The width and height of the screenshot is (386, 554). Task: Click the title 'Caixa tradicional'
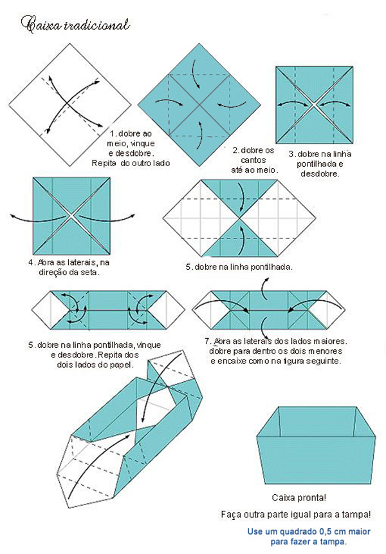pyautogui.click(x=75, y=25)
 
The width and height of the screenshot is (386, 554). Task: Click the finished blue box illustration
pyautogui.click(x=316, y=445)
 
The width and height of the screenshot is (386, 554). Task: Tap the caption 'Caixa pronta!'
pyautogui.click(x=299, y=498)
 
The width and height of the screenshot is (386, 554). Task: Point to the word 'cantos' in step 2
pyautogui.click(x=253, y=160)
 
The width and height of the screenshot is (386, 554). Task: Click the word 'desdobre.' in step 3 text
pyautogui.click(x=320, y=174)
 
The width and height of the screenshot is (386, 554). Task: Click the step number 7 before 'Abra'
pyautogui.click(x=208, y=341)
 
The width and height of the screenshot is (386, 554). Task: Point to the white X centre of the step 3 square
pyautogui.click(x=314, y=104)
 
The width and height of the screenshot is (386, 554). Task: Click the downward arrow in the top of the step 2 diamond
pyautogui.click(x=195, y=73)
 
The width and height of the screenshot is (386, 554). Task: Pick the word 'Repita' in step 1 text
pyautogui.click(x=104, y=163)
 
